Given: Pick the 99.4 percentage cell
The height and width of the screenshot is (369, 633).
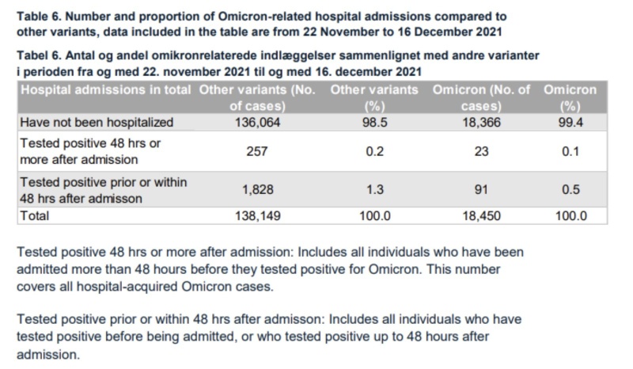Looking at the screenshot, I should click(x=570, y=123).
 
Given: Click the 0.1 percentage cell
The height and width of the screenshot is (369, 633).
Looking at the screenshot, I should click(x=570, y=151).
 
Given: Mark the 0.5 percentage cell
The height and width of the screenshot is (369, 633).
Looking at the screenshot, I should click(x=570, y=190).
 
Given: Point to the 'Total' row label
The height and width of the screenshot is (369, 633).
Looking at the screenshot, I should click(x=35, y=215).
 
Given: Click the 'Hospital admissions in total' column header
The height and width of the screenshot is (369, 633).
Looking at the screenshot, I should click(x=105, y=90).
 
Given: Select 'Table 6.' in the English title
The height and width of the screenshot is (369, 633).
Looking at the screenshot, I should click(x=43, y=16).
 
